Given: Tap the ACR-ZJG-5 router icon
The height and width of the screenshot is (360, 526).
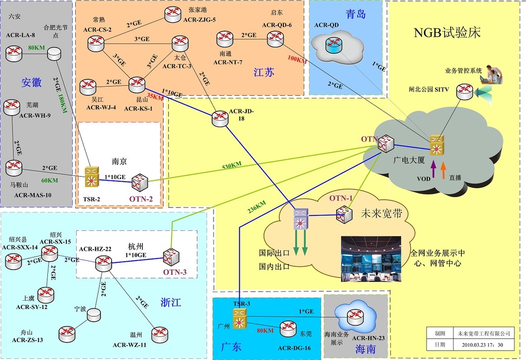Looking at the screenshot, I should tap(171, 15).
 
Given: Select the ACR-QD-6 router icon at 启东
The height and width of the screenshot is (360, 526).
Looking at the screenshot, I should tap(275, 37).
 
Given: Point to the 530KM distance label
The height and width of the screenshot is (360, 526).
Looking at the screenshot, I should tap(231, 166).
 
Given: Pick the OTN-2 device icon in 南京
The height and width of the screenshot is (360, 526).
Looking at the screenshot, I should tap(140, 181).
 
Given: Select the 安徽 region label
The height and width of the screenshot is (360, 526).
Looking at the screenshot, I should tap(31, 83).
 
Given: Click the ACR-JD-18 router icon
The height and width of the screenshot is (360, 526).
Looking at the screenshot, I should tap(220, 118).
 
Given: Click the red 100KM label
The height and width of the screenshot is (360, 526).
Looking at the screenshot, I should tap(297, 59).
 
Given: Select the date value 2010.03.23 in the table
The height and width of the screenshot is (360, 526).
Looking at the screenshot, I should tap(484, 345).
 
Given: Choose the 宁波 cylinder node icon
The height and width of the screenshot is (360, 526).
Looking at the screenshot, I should tap(94, 315).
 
